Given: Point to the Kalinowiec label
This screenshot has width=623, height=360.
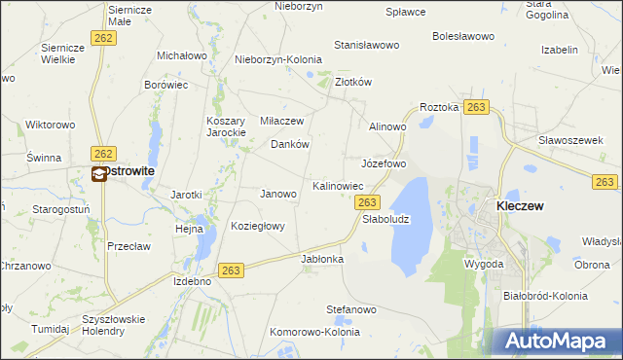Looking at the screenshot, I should [338, 185].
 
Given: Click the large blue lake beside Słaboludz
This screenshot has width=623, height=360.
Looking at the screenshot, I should [410, 219].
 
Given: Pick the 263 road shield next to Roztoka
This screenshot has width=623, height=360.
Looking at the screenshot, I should [476, 107].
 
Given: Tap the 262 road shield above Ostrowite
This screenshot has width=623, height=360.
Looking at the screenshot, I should [102, 154].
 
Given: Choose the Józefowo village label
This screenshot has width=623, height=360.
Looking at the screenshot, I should [384, 162].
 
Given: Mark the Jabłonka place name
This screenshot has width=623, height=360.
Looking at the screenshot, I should [323, 259].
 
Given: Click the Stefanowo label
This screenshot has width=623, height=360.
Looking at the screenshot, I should [350, 309].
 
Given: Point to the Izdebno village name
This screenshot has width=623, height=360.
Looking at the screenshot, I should [192, 281].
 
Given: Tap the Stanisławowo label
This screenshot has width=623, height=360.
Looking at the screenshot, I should [367, 45].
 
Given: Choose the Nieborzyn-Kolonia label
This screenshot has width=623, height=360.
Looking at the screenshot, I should [278, 59].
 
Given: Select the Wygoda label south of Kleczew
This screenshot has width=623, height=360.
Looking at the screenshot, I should [484, 264].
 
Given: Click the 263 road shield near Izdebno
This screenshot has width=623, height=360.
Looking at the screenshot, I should [231, 270].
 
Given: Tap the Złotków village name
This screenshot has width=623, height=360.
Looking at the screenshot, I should [353, 83].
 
